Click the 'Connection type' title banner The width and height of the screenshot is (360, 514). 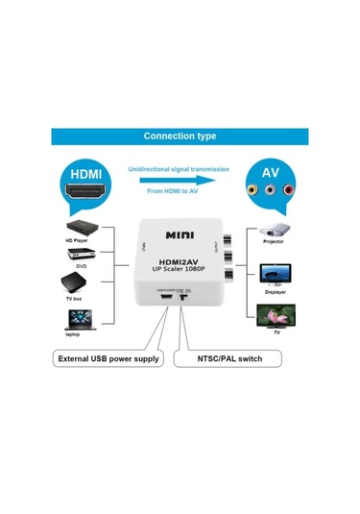180,137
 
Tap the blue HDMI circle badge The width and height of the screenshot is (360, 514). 83,175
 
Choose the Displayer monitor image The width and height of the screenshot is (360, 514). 276,273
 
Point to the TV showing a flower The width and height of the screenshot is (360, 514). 276,314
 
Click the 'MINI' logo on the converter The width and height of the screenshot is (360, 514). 180,234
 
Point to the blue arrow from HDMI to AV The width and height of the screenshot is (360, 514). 180,180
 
